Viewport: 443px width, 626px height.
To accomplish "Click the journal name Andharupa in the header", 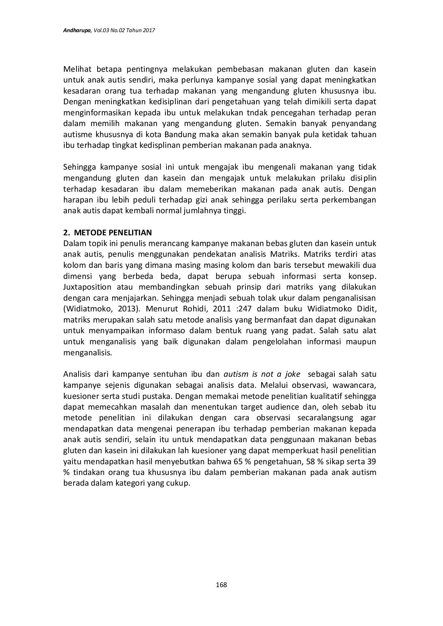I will [77, 31].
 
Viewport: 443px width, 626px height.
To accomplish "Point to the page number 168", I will [221, 585].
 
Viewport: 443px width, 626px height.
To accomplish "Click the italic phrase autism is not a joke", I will [262, 374].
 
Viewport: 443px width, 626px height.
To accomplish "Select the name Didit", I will [366, 309].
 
